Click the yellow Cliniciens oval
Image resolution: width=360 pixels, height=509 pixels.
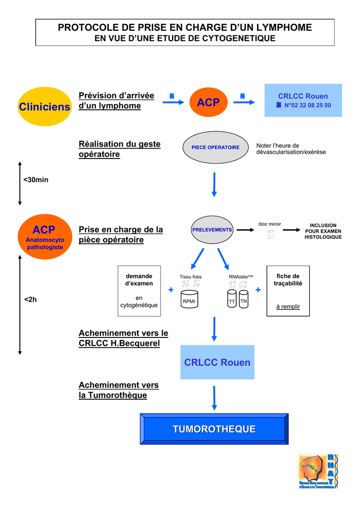point(45,106)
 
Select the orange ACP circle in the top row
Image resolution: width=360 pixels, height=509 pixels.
point(208,102)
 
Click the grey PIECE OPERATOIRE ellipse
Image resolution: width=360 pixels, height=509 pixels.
point(215,147)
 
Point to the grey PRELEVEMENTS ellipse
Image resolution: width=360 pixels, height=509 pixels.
point(212,230)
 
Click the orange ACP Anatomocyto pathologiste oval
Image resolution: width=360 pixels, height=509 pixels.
point(45,237)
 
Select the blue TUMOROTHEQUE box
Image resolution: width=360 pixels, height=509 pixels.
point(214,429)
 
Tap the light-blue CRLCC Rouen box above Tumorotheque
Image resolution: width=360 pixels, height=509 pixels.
point(217,362)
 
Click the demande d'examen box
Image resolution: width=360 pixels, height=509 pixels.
point(139,290)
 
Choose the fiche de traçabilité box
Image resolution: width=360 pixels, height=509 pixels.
point(288,290)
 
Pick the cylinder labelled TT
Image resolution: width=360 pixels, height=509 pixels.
point(232,300)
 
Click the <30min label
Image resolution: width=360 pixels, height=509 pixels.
point(36,179)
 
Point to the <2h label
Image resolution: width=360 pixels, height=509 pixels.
point(31,300)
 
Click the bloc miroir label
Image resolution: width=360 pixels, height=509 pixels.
point(270,224)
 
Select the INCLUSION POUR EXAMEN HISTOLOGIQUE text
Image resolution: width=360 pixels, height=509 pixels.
point(323,231)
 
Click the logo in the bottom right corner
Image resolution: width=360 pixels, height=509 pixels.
point(318,471)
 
